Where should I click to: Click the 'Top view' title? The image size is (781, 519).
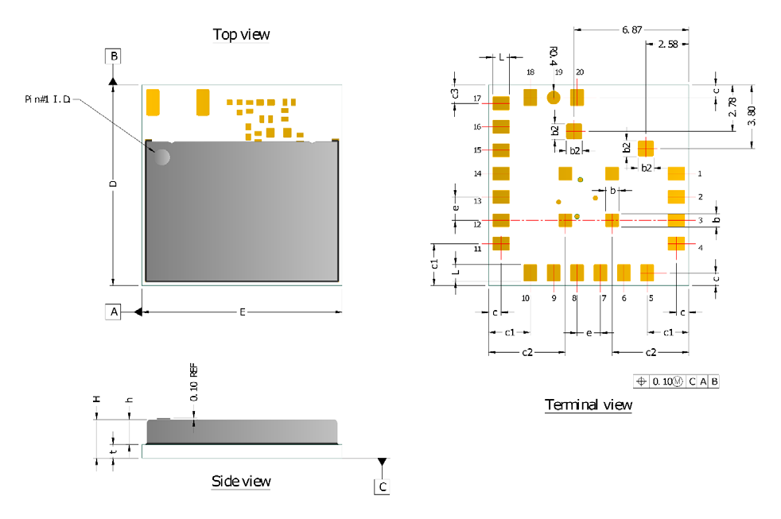click(x=241, y=34)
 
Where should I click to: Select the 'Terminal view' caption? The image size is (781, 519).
click(x=589, y=405)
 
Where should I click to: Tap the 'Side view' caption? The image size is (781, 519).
click(x=241, y=481)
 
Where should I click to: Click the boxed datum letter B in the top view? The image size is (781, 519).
click(x=114, y=56)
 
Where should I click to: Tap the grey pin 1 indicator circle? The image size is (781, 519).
click(x=161, y=157)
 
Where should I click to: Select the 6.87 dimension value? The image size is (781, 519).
click(x=631, y=29)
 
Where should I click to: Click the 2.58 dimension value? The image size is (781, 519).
click(x=668, y=45)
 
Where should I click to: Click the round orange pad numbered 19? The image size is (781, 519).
click(x=554, y=98)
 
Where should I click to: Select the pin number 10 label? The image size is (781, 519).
click(x=525, y=298)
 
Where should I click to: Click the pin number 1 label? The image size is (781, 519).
click(x=700, y=172)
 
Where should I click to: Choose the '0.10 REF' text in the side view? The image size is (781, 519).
click(x=193, y=382)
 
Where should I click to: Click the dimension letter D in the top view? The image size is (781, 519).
click(x=114, y=183)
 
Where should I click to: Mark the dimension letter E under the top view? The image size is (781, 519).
click(x=242, y=312)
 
